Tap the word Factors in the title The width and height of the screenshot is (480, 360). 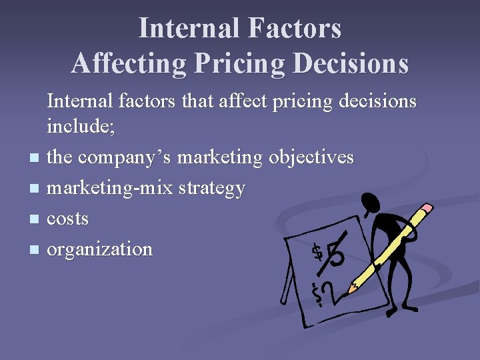coord(295,29)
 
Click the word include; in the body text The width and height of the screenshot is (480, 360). coord(81,127)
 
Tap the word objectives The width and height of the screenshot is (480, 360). coord(311,157)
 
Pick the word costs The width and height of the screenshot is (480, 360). coord(67,219)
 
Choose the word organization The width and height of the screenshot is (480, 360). coord(100,250)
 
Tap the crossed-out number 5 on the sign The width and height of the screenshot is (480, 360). coord(335,253)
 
